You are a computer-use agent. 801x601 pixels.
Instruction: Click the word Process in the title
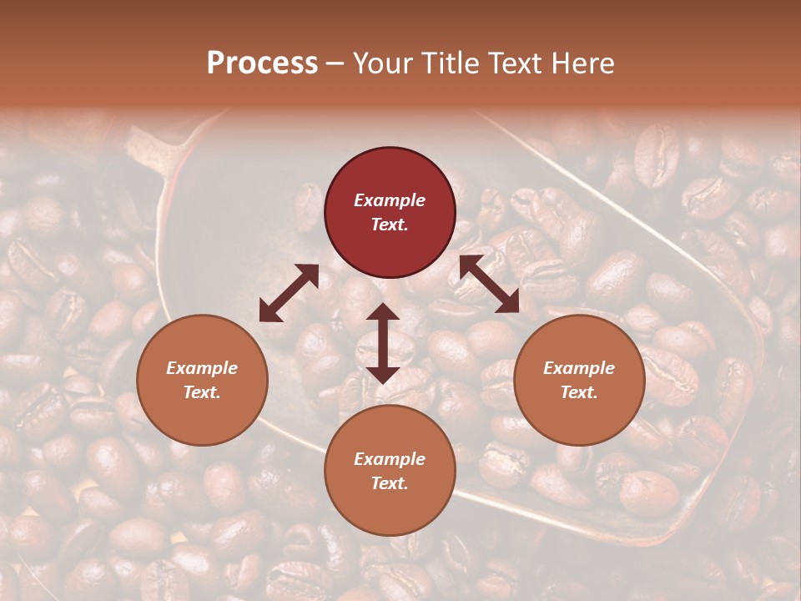[262, 63]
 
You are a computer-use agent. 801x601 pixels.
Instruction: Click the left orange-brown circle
[202, 380]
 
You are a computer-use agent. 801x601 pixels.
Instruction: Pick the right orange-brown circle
[579, 380]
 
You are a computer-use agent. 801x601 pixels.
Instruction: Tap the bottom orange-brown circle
[390, 471]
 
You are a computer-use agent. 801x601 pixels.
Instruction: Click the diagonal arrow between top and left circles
[289, 293]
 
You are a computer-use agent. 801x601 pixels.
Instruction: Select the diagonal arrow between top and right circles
[489, 284]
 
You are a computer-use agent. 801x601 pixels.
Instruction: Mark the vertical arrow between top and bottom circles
[383, 343]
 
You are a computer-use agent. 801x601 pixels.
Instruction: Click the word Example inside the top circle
[390, 200]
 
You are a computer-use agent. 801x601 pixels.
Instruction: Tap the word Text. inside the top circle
[390, 225]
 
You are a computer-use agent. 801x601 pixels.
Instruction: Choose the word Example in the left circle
[202, 368]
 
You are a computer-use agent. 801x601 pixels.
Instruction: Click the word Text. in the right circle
[579, 392]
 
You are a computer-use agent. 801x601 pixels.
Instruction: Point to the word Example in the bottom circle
[390, 459]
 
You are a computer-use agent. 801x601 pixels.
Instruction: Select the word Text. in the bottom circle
[390, 483]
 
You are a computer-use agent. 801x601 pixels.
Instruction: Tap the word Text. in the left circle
[202, 392]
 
